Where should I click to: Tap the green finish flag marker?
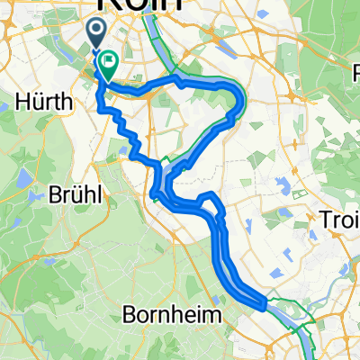(x=109, y=65)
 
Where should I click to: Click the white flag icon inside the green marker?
(x=110, y=62)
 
